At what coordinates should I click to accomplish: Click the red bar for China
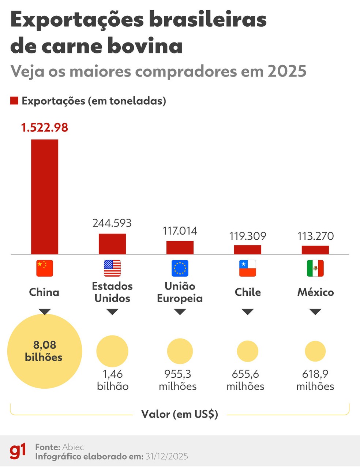click(x=44, y=197)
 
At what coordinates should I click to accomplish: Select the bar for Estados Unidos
click(x=112, y=244)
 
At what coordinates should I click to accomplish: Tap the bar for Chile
click(x=248, y=250)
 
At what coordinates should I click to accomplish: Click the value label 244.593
click(x=112, y=223)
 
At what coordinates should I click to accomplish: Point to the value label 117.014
click(x=180, y=231)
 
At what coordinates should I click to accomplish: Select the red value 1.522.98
click(x=44, y=127)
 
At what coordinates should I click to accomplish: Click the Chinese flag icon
click(x=45, y=268)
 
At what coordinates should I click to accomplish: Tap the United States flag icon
click(x=112, y=268)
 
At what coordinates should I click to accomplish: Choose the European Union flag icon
click(x=180, y=268)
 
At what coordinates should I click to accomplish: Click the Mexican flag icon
click(x=315, y=268)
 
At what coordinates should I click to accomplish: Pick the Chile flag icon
click(x=248, y=268)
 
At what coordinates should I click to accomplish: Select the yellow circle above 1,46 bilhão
click(x=112, y=351)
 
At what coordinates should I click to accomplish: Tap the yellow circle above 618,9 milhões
click(x=315, y=351)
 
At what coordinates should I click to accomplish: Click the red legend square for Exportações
click(x=14, y=101)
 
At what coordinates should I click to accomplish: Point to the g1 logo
click(x=18, y=451)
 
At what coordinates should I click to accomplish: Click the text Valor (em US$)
click(x=180, y=414)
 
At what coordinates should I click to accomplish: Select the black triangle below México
click(x=315, y=312)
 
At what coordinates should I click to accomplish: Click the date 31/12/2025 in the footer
click(x=166, y=456)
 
